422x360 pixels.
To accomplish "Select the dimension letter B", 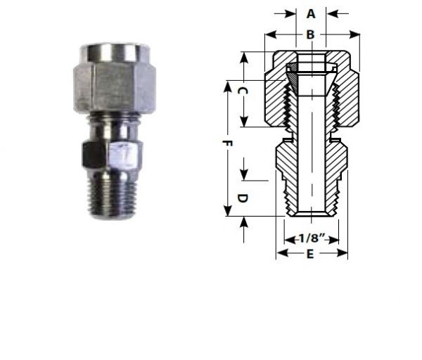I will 310,34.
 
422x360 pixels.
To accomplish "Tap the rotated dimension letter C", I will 241,91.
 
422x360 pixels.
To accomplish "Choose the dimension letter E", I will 310,255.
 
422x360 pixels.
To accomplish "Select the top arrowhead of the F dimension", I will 226,85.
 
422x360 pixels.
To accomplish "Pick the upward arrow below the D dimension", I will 243,221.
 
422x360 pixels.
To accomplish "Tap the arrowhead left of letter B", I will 269,34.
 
